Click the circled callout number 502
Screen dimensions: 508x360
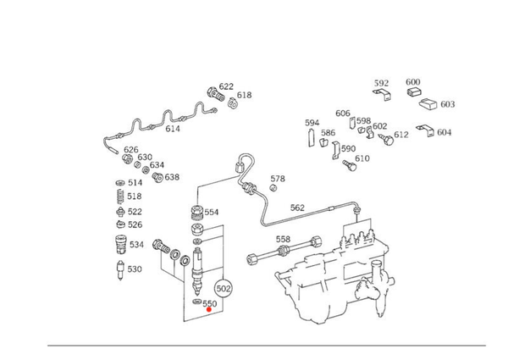pos(224,288)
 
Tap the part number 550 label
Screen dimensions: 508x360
pos(210,303)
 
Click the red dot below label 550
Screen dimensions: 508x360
pos(209,309)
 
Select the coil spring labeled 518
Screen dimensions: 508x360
pos(120,197)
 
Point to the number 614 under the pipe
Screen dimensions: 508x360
pos(173,129)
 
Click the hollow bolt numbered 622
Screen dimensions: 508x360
pos(215,94)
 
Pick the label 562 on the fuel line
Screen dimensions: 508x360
pos(297,208)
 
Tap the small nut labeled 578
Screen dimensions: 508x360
pos(273,187)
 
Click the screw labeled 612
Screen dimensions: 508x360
pos(386,139)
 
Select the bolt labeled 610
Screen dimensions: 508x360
pos(350,165)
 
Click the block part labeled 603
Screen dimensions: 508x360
pos(429,103)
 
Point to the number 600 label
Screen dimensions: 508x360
pos(413,82)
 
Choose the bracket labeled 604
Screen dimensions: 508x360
pos(426,130)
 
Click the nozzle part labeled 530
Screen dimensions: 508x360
pos(120,270)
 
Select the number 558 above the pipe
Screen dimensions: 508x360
pos(283,239)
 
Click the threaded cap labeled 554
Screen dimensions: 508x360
pos(196,213)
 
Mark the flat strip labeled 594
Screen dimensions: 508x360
pos(312,138)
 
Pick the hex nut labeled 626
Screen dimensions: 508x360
pos(127,158)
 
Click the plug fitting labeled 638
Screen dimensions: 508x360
pos(157,177)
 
